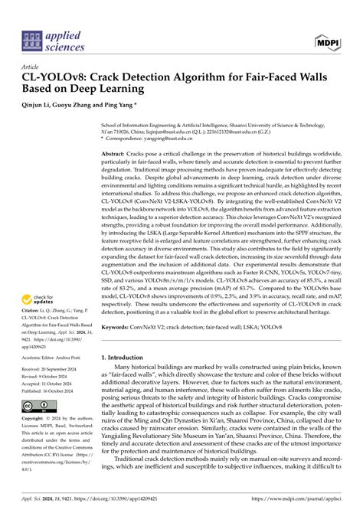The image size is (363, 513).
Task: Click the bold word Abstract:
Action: coord(116,154)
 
